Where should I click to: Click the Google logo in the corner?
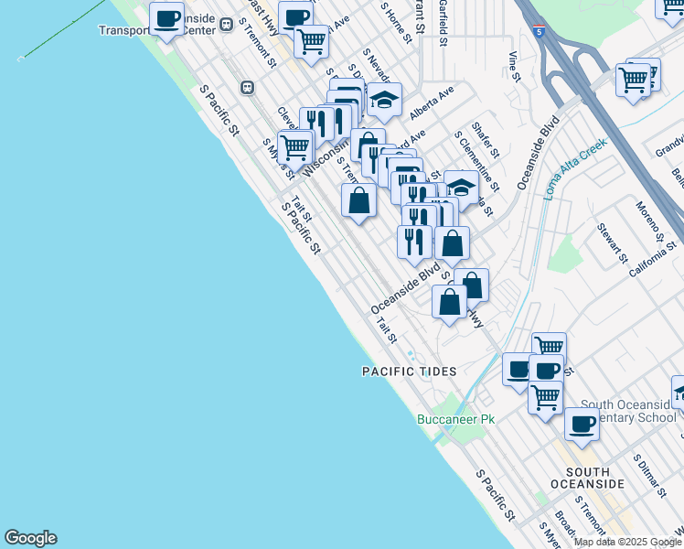click(x=30, y=538)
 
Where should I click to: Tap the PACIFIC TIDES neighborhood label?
click(x=409, y=371)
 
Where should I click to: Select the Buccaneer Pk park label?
click(x=455, y=419)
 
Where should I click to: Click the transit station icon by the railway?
click(x=247, y=87)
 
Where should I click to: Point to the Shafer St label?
click(x=484, y=141)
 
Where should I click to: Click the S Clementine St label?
click(x=476, y=160)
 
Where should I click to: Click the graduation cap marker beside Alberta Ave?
click(x=385, y=98)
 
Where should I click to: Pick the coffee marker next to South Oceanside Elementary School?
click(x=582, y=424)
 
